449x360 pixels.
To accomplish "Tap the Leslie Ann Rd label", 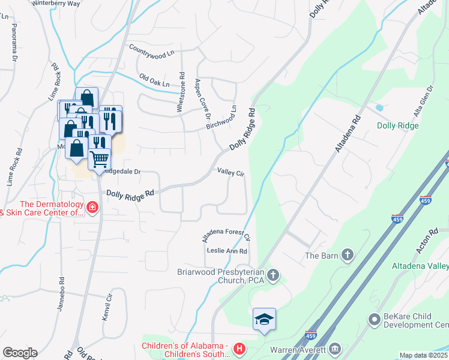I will click(x=227, y=251).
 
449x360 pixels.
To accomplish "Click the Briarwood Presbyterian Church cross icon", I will click(x=273, y=275).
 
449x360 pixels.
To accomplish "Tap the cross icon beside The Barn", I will click(x=347, y=255).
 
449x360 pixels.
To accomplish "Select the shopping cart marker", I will click(x=100, y=160).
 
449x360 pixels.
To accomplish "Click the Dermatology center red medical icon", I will click(x=92, y=208).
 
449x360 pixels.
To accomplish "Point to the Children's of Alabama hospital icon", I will click(x=239, y=348).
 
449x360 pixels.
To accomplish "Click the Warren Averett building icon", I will click(x=335, y=349).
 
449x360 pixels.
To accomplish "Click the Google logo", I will click(x=20, y=353).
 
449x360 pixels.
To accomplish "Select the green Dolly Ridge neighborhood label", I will click(x=397, y=125).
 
